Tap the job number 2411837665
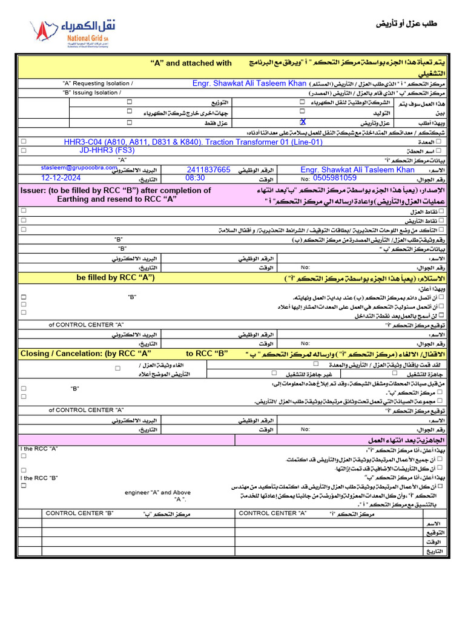click(208, 170)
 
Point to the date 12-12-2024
click(61, 178)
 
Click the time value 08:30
click(195, 178)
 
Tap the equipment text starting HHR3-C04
click(193, 142)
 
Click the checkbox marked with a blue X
click(303, 122)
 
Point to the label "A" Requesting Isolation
click(98, 84)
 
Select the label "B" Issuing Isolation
click(91, 93)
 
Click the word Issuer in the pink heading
click(36, 190)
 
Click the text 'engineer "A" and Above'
click(157, 492)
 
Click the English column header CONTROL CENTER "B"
click(79, 513)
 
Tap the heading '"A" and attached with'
click(191, 63)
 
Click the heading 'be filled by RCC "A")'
click(116, 277)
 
